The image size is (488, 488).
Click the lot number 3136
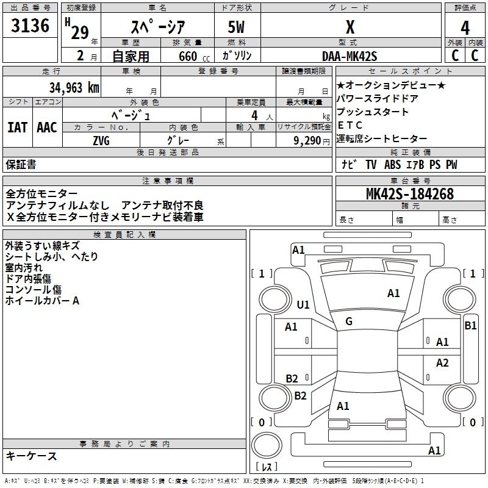coord(30,26)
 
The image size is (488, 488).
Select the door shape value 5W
coord(236,27)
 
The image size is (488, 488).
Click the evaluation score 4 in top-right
coord(465,27)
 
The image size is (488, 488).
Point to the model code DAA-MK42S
coord(350,56)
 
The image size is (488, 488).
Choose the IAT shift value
coord(17,127)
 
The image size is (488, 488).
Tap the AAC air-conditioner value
coord(47,127)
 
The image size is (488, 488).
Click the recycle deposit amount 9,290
coord(308,140)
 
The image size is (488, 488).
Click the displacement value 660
coord(187,56)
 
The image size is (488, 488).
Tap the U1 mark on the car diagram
coord(303,304)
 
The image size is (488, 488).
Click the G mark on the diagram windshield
coord(349,321)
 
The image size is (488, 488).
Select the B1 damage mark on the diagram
coord(470,326)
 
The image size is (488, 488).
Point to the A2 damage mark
coord(442,363)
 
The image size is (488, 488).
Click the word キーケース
coord(31,456)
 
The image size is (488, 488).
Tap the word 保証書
coord(21,164)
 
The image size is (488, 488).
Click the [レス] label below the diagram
coord(267,467)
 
